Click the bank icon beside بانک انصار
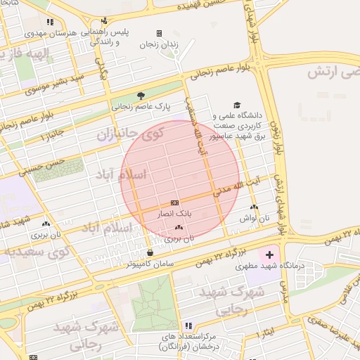pos(175,202)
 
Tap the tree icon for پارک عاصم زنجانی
pos(141,96)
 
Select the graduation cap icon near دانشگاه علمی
pos(236,104)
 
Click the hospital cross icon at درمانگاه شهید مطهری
pos(270,252)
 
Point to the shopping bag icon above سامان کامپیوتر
pos(150,252)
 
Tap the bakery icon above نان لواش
pos(254,207)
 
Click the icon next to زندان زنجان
pos(159,33)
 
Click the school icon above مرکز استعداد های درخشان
pos(188,326)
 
